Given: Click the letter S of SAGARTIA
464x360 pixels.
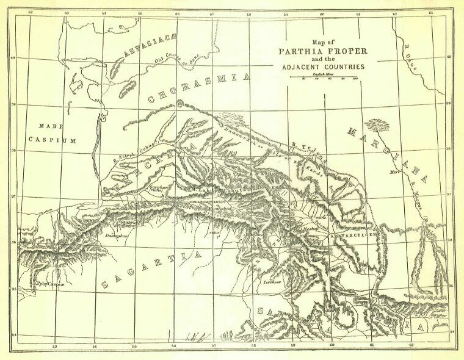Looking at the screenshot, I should point(106,284).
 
